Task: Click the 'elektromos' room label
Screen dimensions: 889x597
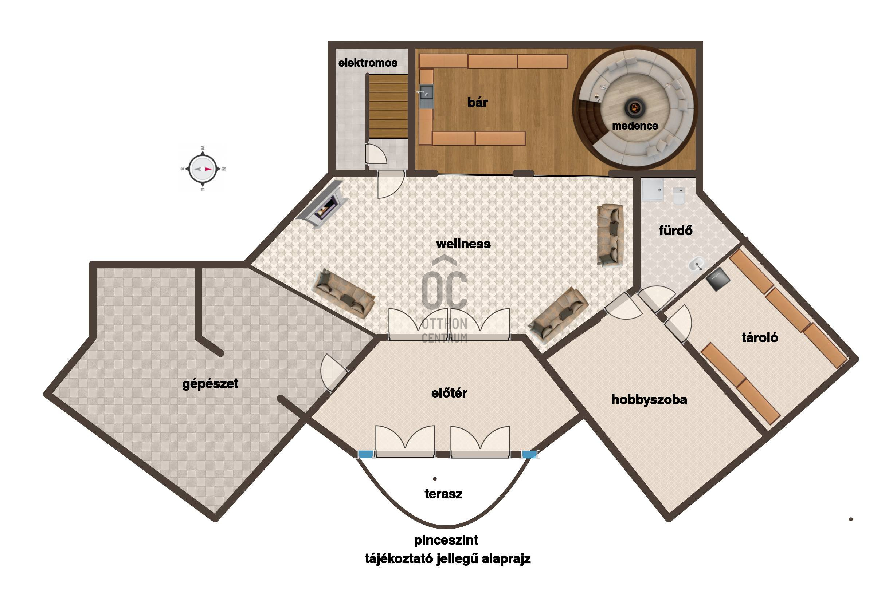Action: click(x=368, y=63)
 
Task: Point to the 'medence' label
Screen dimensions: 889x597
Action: click(x=635, y=126)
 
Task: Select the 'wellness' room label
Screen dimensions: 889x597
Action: click(x=463, y=244)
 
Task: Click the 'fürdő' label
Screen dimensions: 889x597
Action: click(x=675, y=230)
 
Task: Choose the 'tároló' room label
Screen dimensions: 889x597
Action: click(x=760, y=337)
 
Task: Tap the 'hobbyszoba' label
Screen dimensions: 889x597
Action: click(x=649, y=399)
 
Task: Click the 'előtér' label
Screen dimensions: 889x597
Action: click(x=449, y=393)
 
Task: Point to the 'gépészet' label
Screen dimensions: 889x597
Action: click(x=210, y=383)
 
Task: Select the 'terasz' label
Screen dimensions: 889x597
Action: click(x=443, y=494)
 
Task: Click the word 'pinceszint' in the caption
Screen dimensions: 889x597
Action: click(x=446, y=540)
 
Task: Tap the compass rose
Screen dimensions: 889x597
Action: click(x=202, y=169)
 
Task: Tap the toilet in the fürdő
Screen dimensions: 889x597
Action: click(x=679, y=196)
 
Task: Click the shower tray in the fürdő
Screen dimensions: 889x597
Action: click(x=653, y=190)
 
